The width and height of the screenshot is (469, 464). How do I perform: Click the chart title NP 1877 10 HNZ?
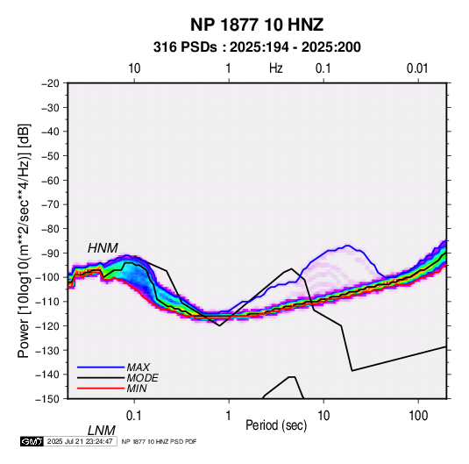click(257, 25)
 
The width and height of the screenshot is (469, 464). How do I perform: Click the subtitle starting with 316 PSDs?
click(257, 47)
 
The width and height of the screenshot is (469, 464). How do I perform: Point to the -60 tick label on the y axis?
click(50, 180)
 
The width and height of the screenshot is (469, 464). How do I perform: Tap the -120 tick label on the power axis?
click(47, 325)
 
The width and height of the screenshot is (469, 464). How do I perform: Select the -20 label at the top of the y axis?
click(50, 83)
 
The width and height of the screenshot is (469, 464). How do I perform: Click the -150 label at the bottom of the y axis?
click(47, 399)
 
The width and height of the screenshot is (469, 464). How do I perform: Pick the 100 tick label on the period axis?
click(418, 416)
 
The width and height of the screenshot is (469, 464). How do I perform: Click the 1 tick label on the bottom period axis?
click(229, 416)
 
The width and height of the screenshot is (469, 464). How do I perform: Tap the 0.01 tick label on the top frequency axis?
click(417, 68)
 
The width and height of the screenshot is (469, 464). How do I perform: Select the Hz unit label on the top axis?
click(276, 68)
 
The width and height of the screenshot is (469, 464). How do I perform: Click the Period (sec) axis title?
click(276, 425)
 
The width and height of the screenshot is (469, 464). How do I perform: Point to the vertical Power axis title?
click(24, 240)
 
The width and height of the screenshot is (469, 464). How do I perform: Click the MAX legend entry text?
click(139, 368)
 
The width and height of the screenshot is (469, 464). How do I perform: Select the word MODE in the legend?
click(142, 378)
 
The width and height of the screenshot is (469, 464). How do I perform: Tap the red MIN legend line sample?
click(101, 389)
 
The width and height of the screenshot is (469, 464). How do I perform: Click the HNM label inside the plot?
click(103, 248)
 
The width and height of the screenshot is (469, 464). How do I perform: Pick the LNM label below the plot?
click(102, 431)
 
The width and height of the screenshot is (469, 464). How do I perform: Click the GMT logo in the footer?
click(32, 441)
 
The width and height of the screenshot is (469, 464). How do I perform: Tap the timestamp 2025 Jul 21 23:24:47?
click(80, 441)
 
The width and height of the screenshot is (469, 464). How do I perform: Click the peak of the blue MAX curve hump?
click(347, 246)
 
